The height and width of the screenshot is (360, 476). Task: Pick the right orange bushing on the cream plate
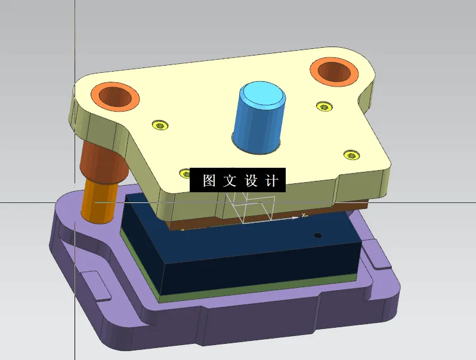(334, 72)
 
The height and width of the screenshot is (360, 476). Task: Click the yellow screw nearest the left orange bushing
(159, 125)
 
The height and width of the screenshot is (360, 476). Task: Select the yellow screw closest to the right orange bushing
(324, 106)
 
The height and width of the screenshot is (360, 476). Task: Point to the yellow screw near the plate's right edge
(352, 155)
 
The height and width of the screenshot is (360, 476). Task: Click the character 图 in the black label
(209, 180)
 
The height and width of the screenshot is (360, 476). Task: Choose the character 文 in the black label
(230, 180)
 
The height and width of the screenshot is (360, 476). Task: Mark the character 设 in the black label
(251, 180)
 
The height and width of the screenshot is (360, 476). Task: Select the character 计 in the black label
(271, 180)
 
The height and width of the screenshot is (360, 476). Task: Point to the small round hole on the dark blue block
(318, 235)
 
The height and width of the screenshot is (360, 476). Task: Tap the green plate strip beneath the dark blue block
(251, 290)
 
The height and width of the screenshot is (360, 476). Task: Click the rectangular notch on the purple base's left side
(95, 285)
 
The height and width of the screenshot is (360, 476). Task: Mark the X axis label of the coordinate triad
(304, 215)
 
